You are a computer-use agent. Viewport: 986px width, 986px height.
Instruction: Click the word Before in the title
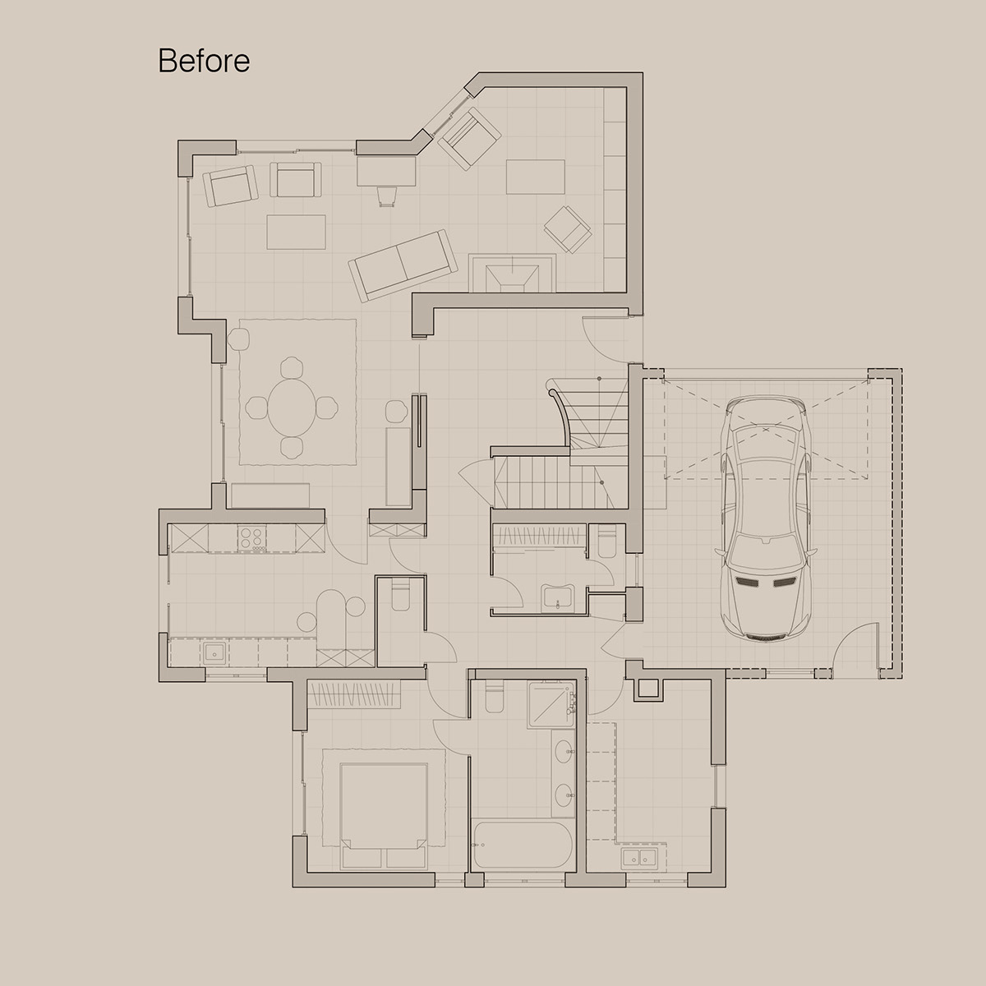[x=204, y=61]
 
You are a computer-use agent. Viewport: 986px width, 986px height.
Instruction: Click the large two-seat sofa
[x=403, y=264]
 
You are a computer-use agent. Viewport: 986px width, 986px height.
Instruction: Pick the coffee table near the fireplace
[x=536, y=177]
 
